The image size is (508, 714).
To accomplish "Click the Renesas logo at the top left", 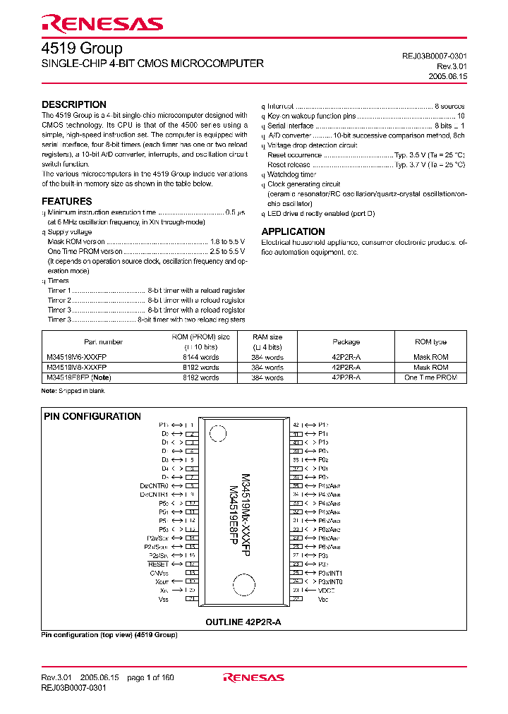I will click(x=102, y=24).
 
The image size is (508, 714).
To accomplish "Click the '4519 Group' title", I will click(x=82, y=49).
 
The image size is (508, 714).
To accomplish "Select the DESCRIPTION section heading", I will click(x=74, y=104).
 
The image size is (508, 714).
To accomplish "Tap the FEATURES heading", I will click(x=66, y=201).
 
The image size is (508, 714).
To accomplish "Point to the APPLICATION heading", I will click(x=293, y=231).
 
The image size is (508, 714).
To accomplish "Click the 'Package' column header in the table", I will click(x=346, y=341).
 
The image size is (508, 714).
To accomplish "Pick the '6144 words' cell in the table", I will click(x=201, y=358).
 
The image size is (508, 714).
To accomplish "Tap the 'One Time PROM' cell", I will click(x=430, y=377).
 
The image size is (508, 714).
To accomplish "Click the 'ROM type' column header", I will click(x=430, y=341).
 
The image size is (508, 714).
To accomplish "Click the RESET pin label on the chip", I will click(x=158, y=564).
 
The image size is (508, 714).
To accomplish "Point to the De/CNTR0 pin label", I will click(x=155, y=485).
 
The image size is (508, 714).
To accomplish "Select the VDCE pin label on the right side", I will click(x=325, y=591).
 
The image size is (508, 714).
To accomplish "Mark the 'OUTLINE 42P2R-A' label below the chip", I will click(x=243, y=622).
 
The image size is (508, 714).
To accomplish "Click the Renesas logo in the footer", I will click(x=253, y=678).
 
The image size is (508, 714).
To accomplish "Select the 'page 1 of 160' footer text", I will click(x=150, y=678).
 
